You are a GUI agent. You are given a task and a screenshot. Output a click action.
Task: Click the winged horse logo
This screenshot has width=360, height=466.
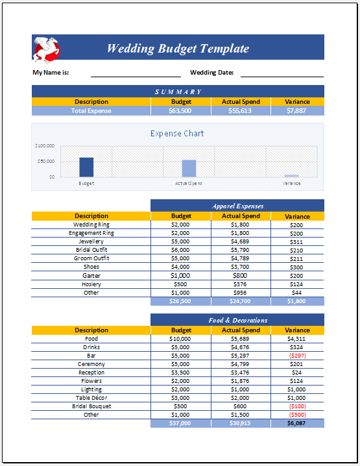pos(47,47)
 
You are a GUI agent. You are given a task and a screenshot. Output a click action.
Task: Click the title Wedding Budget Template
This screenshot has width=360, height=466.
pos(178,49)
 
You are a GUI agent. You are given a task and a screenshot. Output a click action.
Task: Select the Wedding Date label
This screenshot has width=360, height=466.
pos(211,73)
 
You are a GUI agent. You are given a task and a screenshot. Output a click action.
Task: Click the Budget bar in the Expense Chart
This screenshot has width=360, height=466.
pos(86,167)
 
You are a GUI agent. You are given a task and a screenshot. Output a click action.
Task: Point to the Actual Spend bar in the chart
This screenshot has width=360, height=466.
pos(189,169)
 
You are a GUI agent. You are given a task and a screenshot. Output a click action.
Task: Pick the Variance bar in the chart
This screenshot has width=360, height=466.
pos(291,175)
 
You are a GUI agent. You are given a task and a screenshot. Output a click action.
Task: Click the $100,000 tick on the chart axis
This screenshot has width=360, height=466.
pos(45,146)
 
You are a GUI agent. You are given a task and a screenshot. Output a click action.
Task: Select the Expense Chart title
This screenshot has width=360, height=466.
pos(177,134)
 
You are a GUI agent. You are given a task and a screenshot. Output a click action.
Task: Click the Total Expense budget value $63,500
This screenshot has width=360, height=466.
pos(180,111)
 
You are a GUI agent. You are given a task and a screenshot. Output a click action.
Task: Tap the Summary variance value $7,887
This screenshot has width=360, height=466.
pos(296,111)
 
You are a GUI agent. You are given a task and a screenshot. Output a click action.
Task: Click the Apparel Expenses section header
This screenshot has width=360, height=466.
pos(237,206)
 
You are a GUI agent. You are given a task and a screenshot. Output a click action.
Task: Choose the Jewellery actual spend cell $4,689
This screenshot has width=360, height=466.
pos(241,241)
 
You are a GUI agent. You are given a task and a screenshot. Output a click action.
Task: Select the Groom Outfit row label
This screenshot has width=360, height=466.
pos(91,258)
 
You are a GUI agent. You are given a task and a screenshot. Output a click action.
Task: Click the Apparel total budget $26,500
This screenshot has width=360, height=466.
pos(180,301)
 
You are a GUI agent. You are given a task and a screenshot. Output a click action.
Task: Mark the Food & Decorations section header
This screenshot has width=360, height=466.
pos(237,320)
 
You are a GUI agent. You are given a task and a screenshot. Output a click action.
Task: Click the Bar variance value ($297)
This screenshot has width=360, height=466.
pos(296,356)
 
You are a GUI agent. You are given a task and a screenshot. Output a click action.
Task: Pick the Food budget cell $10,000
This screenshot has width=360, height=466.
pos(180,339)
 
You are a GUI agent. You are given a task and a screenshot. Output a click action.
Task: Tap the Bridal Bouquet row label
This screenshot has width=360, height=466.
pos(91,406)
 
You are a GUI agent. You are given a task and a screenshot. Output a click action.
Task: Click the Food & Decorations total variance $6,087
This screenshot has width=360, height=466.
pos(296,423)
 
